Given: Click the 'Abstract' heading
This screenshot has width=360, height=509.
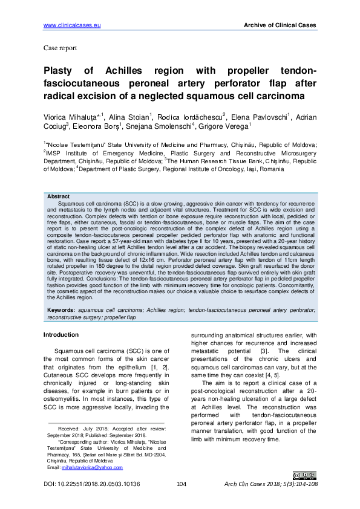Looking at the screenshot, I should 58,196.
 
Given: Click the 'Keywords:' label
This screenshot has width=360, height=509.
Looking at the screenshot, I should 62,310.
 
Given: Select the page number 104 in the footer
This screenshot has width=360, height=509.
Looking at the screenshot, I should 180,485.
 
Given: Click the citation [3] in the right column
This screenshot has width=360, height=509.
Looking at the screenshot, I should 264,351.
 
